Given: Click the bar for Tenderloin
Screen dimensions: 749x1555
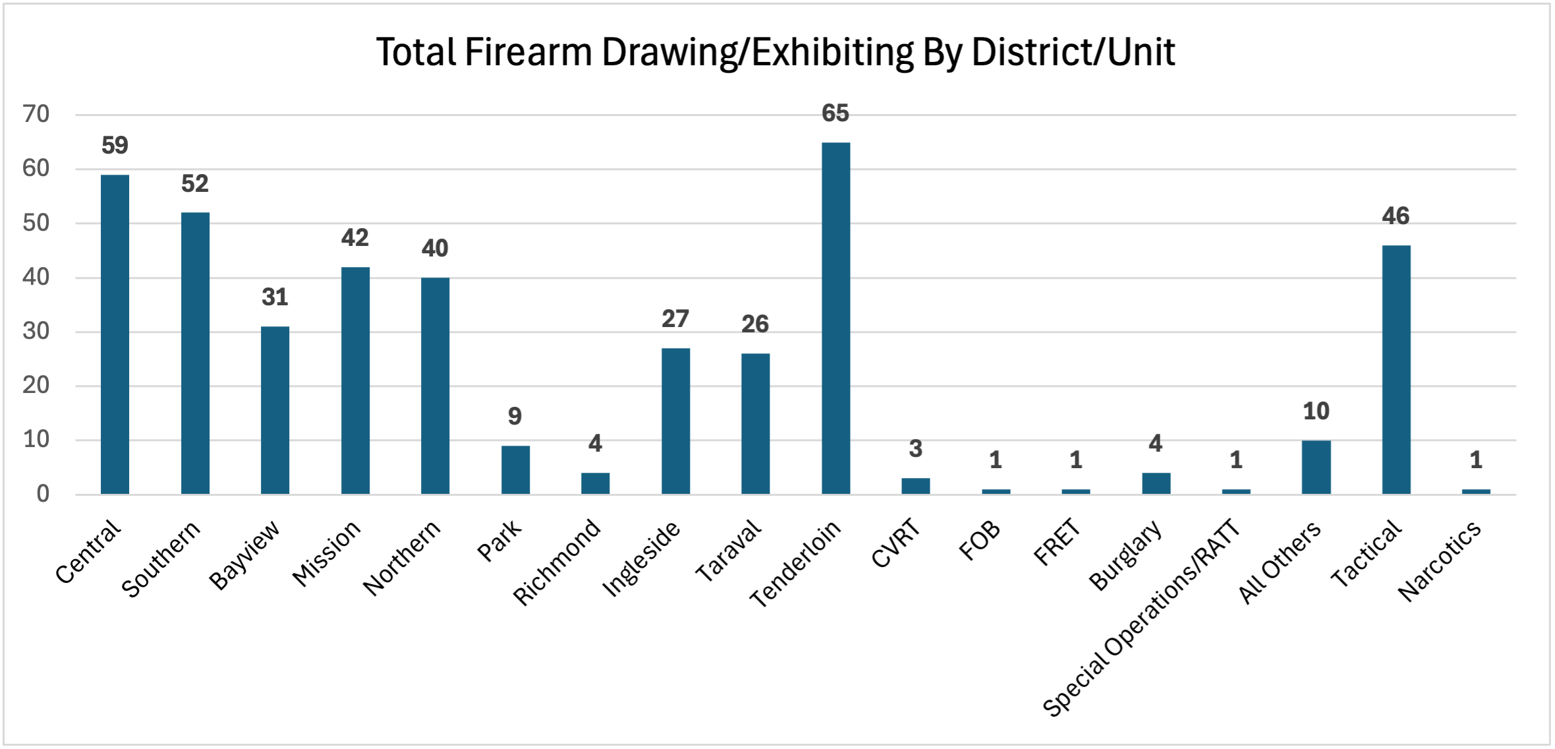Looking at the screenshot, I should [x=835, y=318].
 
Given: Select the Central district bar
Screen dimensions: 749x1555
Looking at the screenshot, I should [x=115, y=334].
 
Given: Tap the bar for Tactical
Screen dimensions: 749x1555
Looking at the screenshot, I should [x=1396, y=369].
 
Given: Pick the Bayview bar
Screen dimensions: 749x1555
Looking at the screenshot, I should [x=275, y=410].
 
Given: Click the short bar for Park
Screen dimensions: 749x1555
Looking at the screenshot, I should [x=515, y=469].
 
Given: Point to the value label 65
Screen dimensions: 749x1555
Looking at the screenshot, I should [x=835, y=113].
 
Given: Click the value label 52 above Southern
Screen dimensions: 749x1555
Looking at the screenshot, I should [x=194, y=183].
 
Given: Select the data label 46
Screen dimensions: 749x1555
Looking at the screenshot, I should [x=1395, y=216].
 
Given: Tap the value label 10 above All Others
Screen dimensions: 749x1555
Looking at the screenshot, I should [x=1316, y=411].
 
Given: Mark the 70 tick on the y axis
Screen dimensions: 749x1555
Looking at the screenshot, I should [x=36, y=114].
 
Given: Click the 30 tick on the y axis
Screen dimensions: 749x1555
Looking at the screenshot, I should [x=36, y=331].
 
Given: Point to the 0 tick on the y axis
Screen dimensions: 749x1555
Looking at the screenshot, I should [x=43, y=494].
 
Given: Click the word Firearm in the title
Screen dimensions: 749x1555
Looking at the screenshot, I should [x=528, y=52].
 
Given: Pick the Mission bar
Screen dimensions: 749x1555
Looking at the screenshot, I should [x=355, y=380].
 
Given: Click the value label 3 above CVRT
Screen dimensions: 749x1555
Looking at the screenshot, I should [x=915, y=449].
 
